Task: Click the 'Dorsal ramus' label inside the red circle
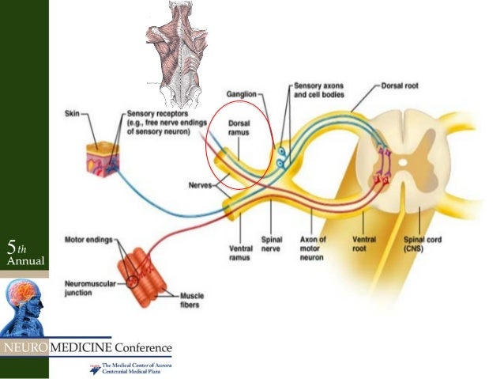(239, 128)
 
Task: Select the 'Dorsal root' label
(401, 82)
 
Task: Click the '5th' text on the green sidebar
(15, 246)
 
